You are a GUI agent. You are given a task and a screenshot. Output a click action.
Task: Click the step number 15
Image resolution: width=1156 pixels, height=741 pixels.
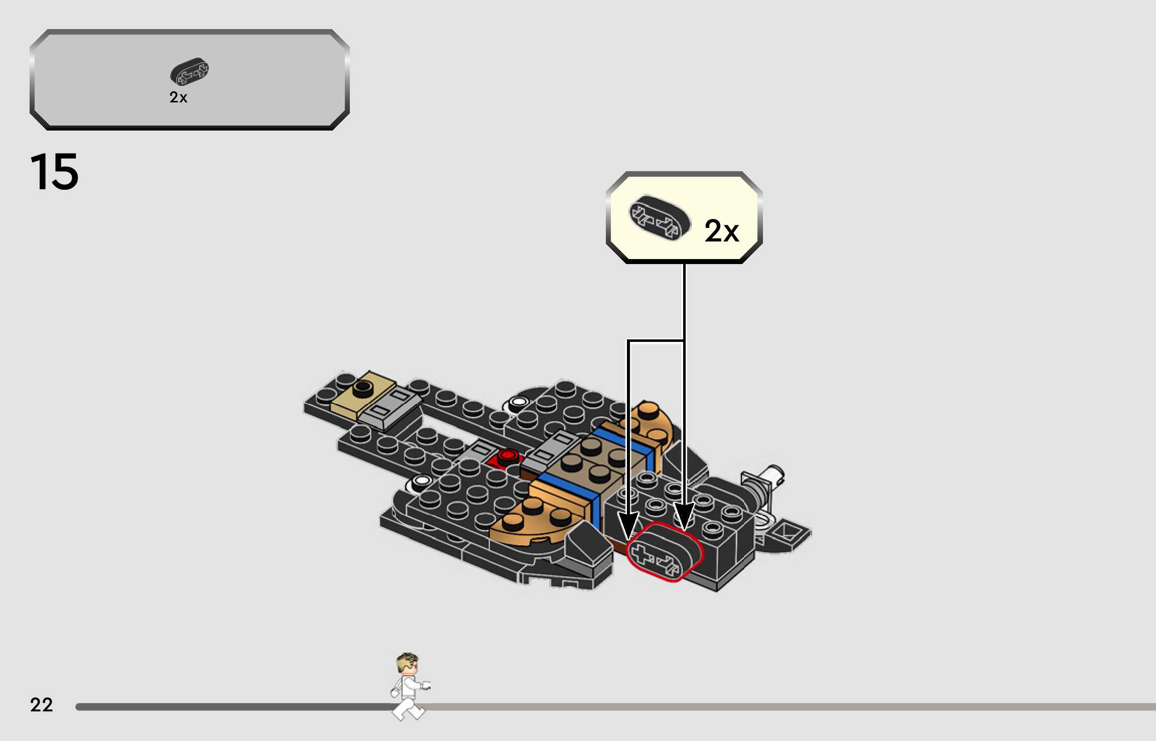[54, 172]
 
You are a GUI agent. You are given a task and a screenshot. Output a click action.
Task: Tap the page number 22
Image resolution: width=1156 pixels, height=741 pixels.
[41, 704]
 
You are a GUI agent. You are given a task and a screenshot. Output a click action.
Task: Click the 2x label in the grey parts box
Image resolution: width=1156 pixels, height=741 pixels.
[178, 97]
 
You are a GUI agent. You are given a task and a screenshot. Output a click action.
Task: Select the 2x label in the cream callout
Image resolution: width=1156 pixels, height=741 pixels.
[721, 231]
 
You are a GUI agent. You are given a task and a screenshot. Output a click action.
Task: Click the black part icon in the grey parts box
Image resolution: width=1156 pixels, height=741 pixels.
[189, 71]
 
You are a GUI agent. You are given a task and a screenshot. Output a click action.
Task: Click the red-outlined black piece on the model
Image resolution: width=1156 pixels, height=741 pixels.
[665, 551]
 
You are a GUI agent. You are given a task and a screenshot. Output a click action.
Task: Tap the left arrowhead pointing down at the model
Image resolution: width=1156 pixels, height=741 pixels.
[628, 527]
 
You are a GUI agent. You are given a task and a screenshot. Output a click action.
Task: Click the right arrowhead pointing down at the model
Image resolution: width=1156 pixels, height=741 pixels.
[684, 517]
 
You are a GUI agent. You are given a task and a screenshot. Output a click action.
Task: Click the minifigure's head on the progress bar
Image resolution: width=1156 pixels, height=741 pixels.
[407, 664]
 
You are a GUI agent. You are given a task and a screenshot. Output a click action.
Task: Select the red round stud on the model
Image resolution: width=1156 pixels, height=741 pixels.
[508, 455]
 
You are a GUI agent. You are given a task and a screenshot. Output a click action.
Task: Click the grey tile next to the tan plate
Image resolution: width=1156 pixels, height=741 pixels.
[391, 408]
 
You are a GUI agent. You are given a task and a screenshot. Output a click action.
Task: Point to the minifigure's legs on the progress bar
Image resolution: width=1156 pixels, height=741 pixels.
[408, 708]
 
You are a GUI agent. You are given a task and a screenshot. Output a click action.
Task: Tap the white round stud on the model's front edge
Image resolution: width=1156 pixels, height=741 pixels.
[421, 482]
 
